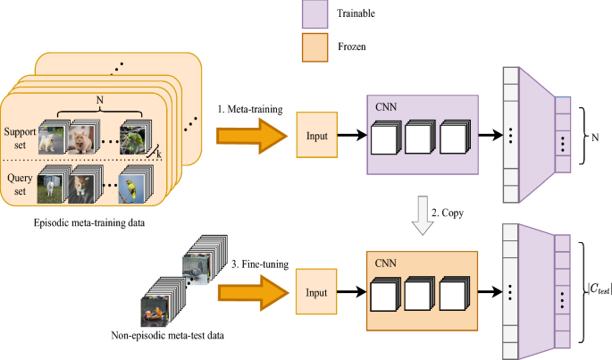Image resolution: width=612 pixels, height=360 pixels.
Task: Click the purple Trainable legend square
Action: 314,14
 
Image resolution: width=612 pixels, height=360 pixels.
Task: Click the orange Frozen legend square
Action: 314,47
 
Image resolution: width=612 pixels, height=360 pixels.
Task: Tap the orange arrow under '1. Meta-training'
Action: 252,136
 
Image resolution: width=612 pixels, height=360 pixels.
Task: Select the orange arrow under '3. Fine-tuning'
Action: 254,293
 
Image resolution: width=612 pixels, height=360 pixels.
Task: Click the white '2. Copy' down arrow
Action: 423,215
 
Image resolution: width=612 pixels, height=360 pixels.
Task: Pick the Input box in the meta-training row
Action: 317,135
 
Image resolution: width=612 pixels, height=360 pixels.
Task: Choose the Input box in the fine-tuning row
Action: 316,292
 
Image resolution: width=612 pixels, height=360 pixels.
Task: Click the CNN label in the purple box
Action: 386,107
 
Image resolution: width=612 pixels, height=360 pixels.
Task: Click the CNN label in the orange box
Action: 385,264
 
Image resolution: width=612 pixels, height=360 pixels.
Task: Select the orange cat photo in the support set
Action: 80,139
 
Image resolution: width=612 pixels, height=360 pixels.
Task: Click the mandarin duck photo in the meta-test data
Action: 155,312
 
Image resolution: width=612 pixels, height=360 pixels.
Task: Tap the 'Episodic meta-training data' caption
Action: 89,223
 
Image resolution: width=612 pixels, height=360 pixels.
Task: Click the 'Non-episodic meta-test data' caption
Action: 167,335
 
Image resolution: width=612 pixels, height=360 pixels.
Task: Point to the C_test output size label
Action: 599,289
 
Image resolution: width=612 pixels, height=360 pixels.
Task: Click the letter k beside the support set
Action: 159,155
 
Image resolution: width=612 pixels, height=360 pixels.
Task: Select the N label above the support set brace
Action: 100,100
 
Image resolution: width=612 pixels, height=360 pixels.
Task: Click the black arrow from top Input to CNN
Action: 352,135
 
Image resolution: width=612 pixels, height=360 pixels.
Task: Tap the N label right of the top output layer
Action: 595,138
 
